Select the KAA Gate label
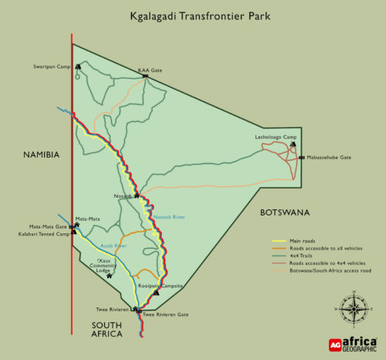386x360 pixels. (150, 70)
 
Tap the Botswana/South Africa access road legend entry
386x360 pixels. (325, 270)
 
